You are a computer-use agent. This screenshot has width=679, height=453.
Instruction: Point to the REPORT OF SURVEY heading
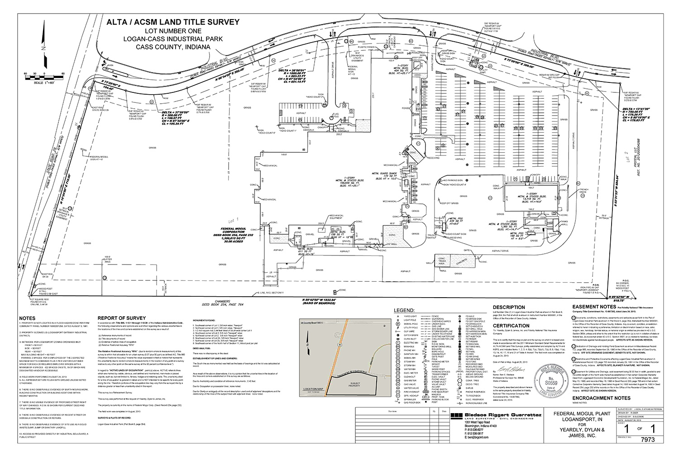pyautogui.click(x=122, y=318)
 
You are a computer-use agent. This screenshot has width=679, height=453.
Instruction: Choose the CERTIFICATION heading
pyautogui.click(x=512, y=326)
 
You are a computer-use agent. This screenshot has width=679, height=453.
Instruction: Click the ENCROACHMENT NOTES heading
pyautogui.click(x=601, y=398)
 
